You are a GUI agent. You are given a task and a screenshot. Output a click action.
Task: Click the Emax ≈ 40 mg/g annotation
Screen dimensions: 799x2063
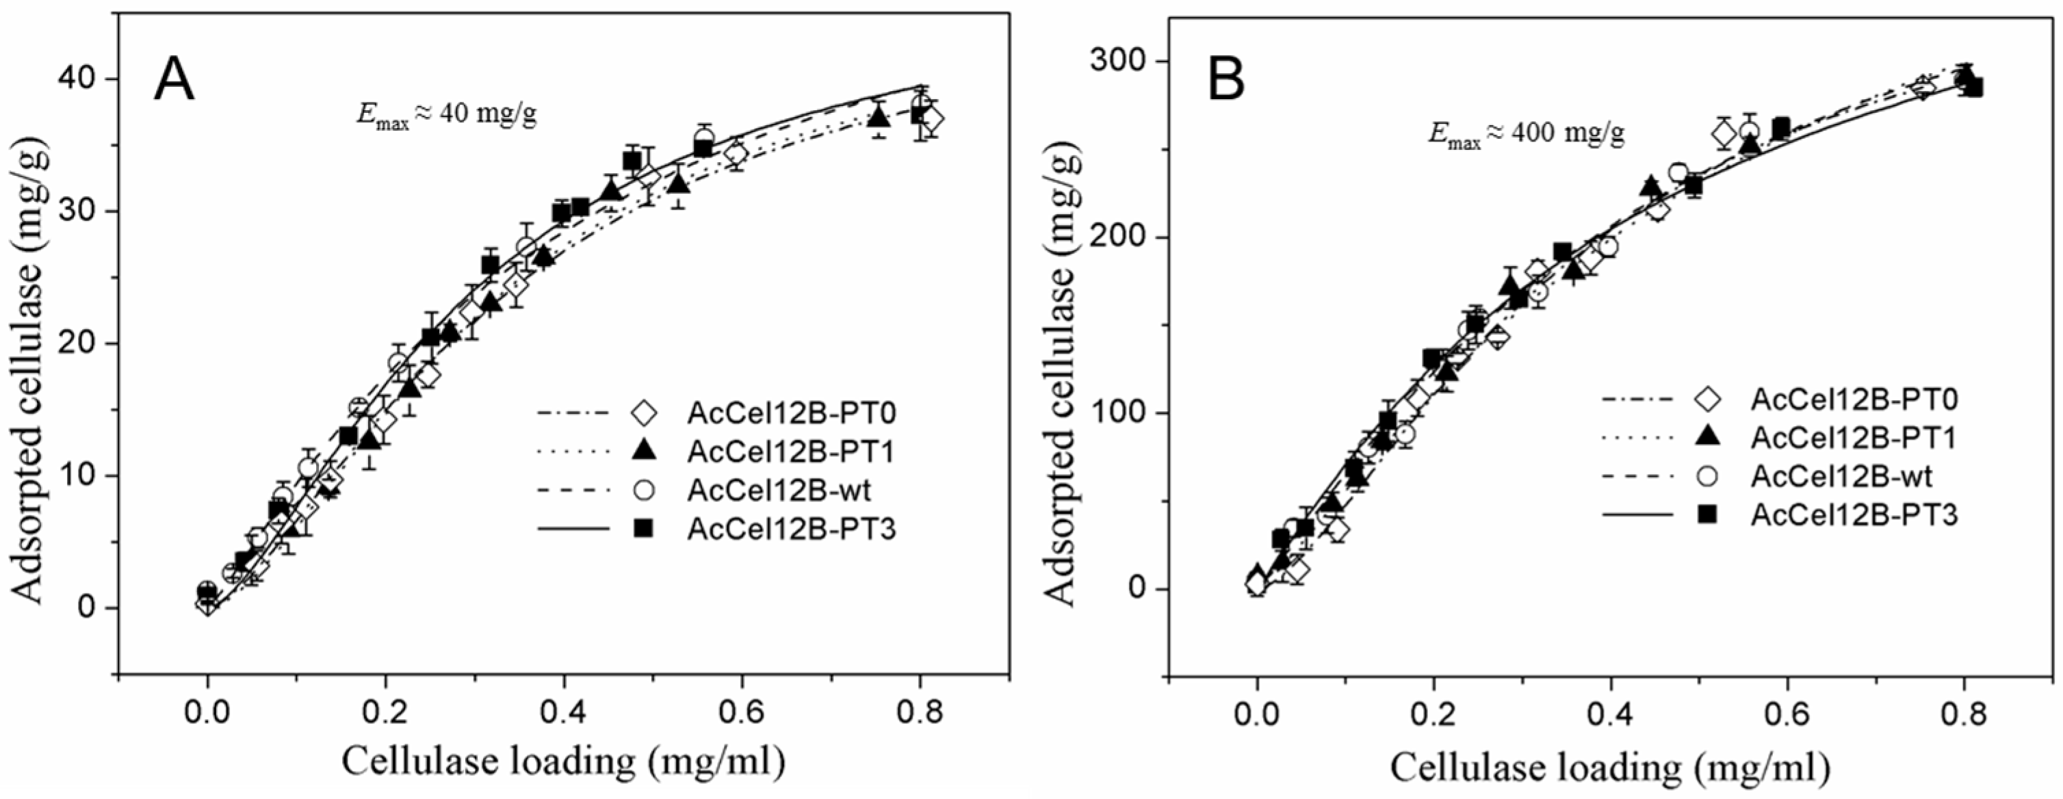click(446, 114)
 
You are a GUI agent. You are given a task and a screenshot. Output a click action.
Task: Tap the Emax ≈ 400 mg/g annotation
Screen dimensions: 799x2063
click(1527, 131)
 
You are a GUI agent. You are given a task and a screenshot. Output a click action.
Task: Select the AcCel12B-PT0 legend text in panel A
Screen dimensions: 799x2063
click(790, 414)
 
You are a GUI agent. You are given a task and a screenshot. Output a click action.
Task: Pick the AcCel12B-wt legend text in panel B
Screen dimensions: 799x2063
click(1841, 476)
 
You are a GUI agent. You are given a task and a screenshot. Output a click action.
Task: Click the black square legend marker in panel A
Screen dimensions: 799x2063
click(643, 528)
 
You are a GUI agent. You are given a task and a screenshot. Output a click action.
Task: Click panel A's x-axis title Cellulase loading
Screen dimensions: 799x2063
click(563, 761)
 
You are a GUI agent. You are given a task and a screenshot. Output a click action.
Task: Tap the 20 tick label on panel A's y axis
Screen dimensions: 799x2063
click(79, 343)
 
